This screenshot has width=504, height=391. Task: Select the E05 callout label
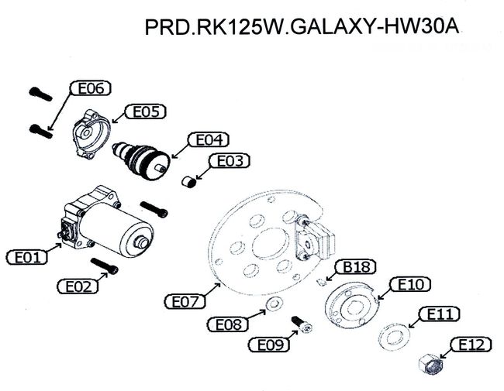146,112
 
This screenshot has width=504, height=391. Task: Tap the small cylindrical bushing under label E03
189,182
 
